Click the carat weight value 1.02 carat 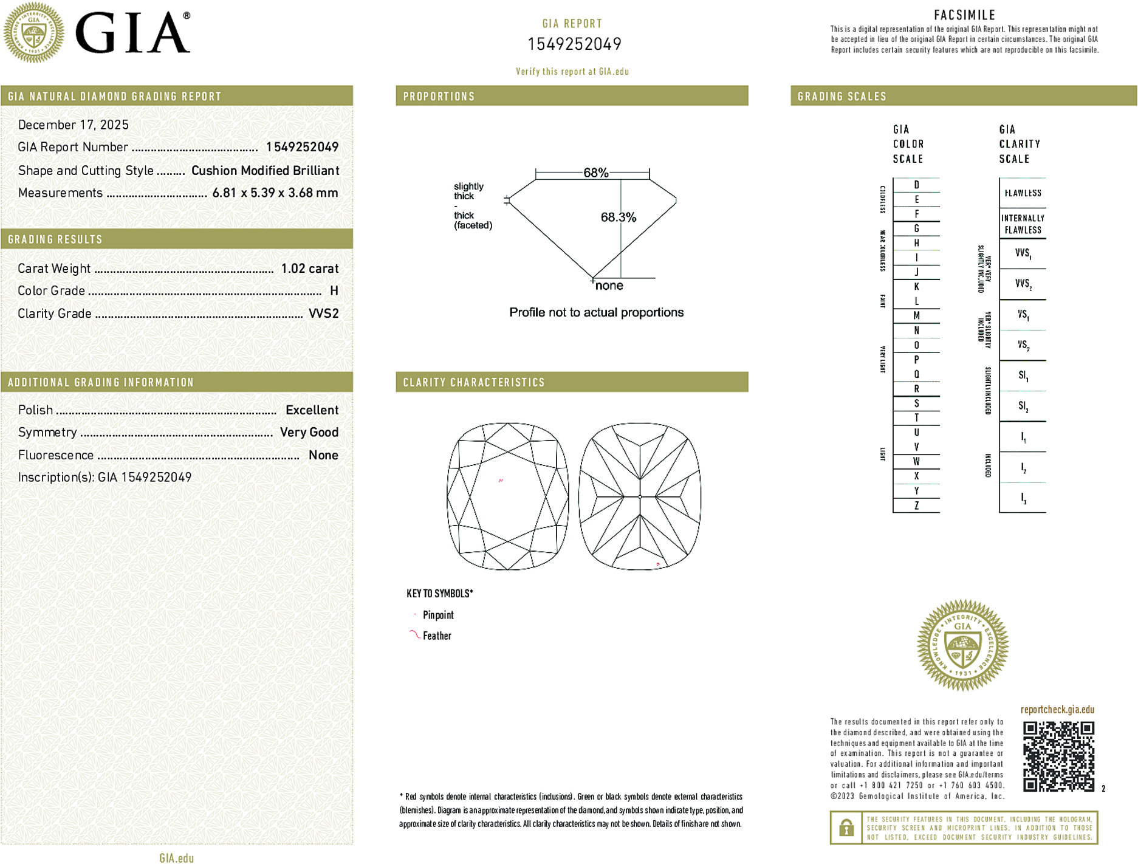pos(309,269)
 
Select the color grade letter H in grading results pos(334,291)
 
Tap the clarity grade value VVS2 pos(323,314)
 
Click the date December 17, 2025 pos(74,125)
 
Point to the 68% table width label pos(595,173)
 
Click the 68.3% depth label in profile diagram pos(618,217)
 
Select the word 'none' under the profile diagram pos(609,286)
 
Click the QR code pos(1058,756)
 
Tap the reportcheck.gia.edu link pos(1057,710)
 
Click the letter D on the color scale pos(916,185)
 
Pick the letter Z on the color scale pos(916,506)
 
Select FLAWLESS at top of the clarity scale pos(1023,193)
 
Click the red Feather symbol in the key pos(414,635)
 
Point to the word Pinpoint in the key pos(438,615)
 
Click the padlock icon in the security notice pos(846,828)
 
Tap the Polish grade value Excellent pos(312,410)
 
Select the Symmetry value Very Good pos(309,432)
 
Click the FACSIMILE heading pos(964,15)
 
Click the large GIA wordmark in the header pos(132,33)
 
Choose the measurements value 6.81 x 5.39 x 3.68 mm pos(275,193)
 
